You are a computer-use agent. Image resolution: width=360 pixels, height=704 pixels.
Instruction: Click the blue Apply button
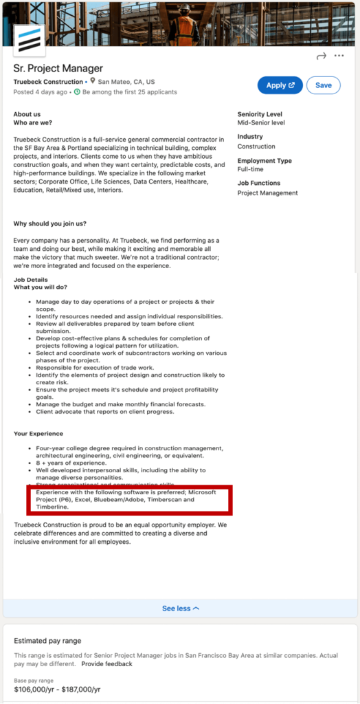tap(280, 85)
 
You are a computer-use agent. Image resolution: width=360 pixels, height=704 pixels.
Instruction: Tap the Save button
tap(324, 85)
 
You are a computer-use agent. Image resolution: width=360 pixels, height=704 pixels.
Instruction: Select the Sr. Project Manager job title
tap(58, 68)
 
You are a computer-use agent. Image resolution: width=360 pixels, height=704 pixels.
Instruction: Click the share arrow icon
tap(321, 56)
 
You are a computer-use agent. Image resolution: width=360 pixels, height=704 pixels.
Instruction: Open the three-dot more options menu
tap(339, 56)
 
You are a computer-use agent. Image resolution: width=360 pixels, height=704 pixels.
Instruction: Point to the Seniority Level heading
tap(260, 114)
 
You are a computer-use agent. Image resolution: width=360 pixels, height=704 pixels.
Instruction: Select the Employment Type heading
tap(265, 161)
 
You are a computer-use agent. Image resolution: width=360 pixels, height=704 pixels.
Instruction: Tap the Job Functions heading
tap(259, 184)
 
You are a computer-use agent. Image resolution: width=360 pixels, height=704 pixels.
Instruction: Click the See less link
tap(181, 608)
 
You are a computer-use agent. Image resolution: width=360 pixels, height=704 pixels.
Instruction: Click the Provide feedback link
tap(106, 664)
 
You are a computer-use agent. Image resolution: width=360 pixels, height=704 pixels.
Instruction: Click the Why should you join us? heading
tap(50, 223)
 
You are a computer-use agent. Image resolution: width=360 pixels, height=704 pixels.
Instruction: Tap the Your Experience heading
tap(38, 434)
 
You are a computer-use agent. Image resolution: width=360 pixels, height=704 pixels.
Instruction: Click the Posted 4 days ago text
tap(41, 92)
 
